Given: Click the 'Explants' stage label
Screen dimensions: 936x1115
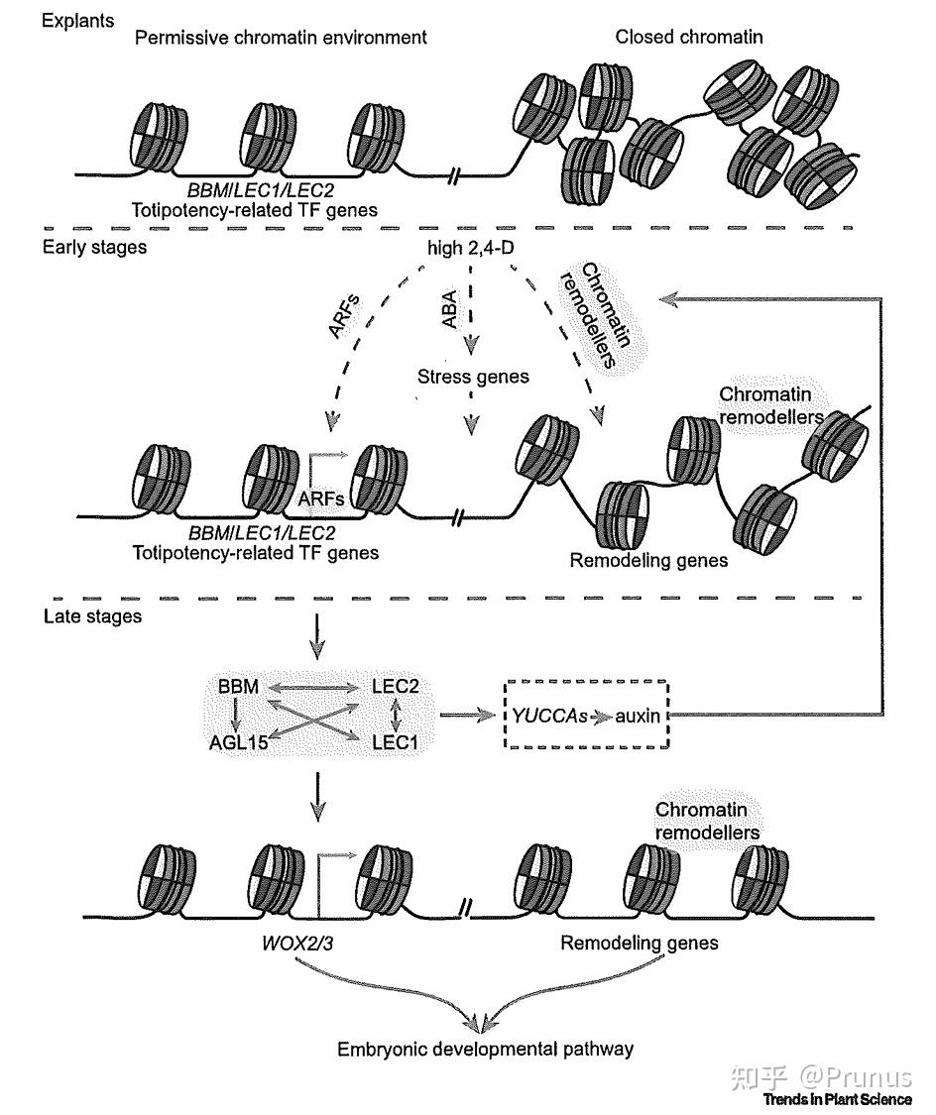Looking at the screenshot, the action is pyautogui.click(x=77, y=20).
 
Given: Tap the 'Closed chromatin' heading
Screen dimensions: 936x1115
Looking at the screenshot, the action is pyautogui.click(x=688, y=37).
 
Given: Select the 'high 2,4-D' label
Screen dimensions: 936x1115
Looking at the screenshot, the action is pyautogui.click(x=470, y=248).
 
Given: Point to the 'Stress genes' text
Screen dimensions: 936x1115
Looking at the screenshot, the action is pyautogui.click(x=473, y=377).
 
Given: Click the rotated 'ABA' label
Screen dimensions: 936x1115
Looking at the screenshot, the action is pyautogui.click(x=449, y=309).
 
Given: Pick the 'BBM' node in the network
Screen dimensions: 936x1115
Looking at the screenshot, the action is pyautogui.click(x=238, y=686).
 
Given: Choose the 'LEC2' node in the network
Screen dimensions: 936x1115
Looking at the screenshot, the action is pyautogui.click(x=396, y=686).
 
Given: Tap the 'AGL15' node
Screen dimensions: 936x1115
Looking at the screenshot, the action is pyautogui.click(x=238, y=742).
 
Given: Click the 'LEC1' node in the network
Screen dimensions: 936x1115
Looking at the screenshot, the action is pyautogui.click(x=396, y=742).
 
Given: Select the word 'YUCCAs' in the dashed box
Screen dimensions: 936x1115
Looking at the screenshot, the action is pyautogui.click(x=549, y=716).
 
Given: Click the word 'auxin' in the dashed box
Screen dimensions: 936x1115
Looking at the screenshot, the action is pyautogui.click(x=638, y=716).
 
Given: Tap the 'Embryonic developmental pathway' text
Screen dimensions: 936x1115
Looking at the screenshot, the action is pyautogui.click(x=485, y=1049).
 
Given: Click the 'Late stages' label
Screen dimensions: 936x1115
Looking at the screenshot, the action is pyautogui.click(x=92, y=615).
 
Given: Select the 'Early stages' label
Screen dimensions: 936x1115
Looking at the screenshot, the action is pyautogui.click(x=94, y=247).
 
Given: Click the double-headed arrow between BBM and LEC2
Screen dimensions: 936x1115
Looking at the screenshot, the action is pyautogui.click(x=315, y=687).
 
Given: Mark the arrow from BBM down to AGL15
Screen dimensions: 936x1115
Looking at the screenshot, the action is pyautogui.click(x=237, y=714).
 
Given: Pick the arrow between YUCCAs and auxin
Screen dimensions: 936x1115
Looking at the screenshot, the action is pyautogui.click(x=601, y=716).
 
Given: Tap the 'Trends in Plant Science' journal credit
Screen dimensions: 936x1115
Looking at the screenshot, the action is pyautogui.click(x=837, y=1099).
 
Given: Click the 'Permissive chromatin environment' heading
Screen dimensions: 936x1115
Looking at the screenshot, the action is pyautogui.click(x=281, y=37).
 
